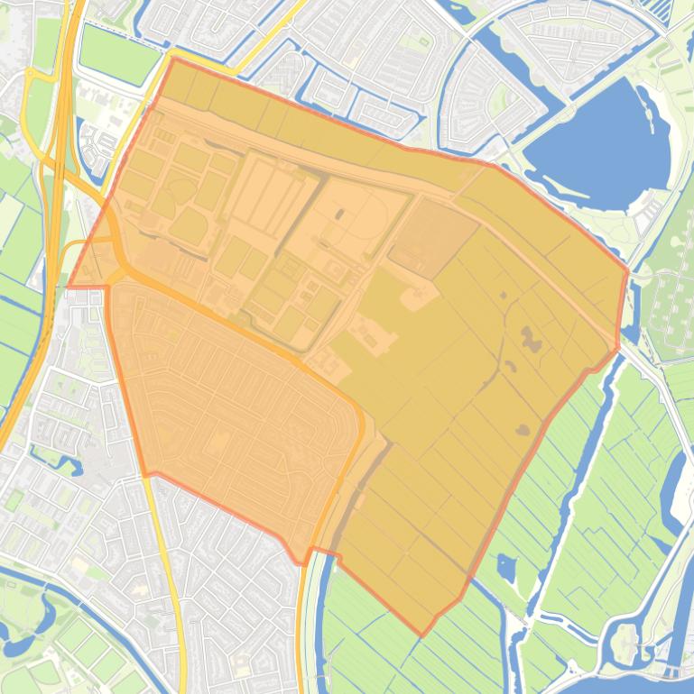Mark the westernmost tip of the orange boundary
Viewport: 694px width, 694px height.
point(69,287)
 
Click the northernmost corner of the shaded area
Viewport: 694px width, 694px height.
point(171,59)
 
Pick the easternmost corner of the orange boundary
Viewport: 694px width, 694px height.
point(627,270)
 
